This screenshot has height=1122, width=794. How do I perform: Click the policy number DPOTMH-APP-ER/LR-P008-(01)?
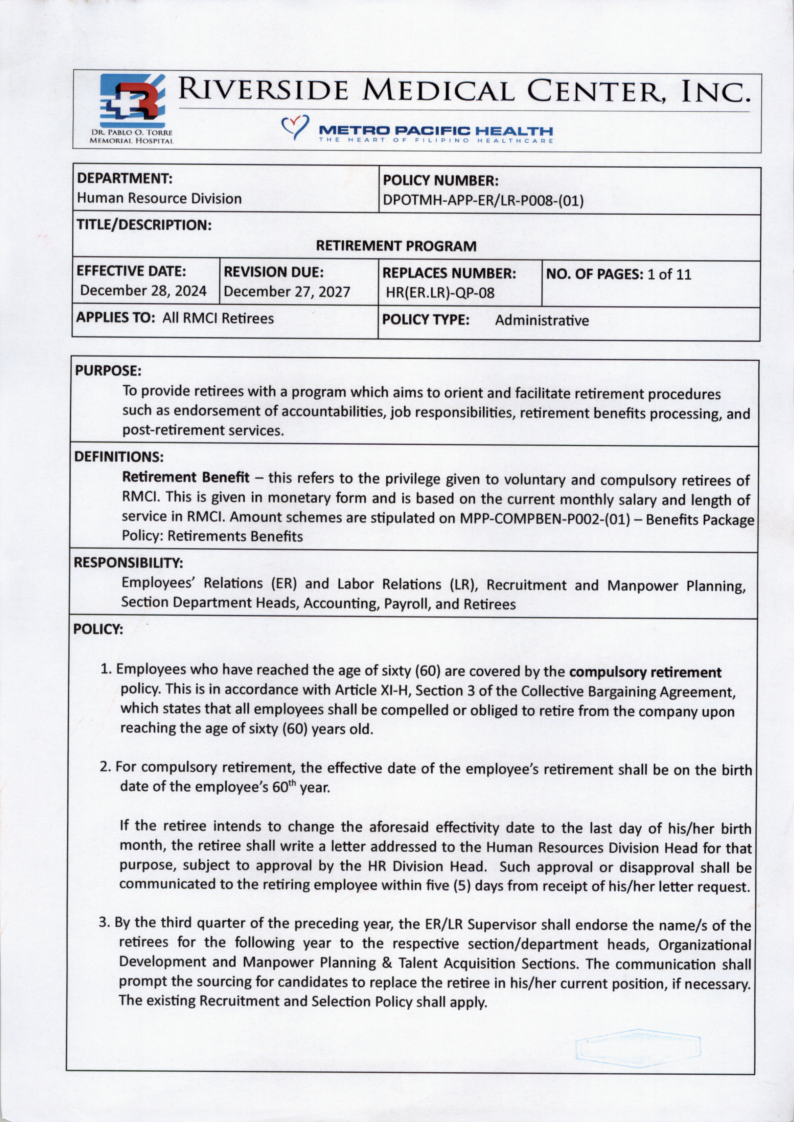[483, 201]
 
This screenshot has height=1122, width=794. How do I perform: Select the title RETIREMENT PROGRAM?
[396, 246]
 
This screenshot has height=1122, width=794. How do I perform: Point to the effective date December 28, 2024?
[143, 291]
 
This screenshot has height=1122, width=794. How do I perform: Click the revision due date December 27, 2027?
[287, 292]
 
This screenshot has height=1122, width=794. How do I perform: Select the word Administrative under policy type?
[542, 321]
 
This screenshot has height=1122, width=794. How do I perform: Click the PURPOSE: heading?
[108, 371]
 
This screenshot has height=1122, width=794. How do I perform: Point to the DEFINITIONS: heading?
[118, 458]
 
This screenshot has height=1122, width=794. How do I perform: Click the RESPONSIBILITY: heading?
[128, 563]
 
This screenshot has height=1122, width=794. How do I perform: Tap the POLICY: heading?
[98, 629]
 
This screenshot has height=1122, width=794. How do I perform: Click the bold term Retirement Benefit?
[185, 477]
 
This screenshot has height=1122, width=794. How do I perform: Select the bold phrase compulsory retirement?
[645, 673]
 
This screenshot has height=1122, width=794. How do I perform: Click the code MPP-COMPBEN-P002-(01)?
[545, 519]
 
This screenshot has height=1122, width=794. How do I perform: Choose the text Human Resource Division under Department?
[159, 198]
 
